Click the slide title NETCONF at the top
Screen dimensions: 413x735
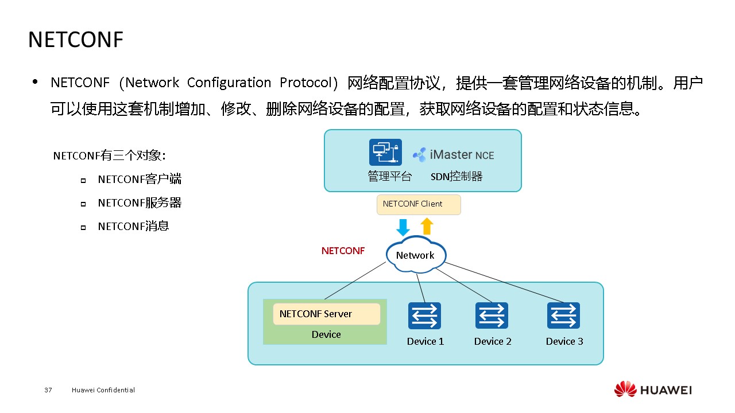coord(76,40)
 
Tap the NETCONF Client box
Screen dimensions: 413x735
coord(419,204)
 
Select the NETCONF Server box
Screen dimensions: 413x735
coord(326,314)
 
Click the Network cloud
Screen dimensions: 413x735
coord(415,255)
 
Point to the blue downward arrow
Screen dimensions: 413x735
coord(403,227)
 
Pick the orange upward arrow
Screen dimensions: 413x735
coord(427,226)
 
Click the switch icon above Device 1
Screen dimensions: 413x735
coord(424,316)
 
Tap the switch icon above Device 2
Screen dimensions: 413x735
coord(492,316)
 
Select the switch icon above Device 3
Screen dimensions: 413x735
coord(563,316)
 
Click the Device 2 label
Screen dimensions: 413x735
coord(493,341)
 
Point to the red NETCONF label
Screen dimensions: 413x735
coord(343,251)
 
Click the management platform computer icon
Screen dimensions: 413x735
coord(385,153)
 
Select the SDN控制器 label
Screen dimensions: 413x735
coord(457,177)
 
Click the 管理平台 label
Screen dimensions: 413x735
coord(390,177)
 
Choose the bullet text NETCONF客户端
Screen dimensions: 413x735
coord(140,179)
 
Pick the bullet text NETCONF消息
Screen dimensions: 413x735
coord(133,226)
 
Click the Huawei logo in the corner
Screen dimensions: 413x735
coord(653,390)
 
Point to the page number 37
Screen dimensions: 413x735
coord(48,390)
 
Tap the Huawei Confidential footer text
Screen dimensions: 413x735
coord(103,390)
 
